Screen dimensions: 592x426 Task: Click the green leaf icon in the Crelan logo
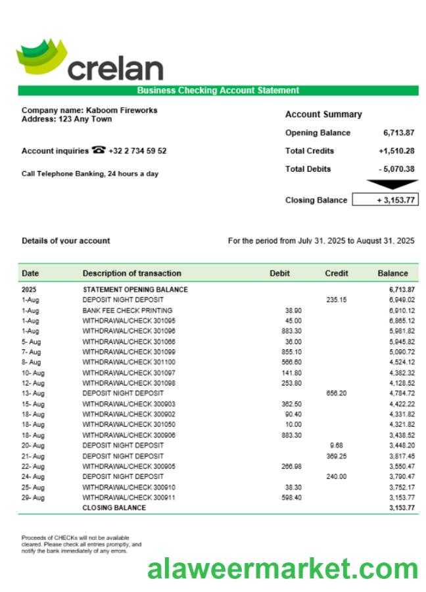pos(41,56)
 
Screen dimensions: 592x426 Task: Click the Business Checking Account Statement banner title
pos(218,91)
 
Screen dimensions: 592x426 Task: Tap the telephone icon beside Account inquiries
pos(99,151)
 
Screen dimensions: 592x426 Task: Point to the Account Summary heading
pos(323,114)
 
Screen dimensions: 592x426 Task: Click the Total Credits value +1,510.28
pos(396,151)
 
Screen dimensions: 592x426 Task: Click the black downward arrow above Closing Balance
pos(391,185)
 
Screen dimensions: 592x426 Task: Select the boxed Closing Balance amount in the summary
pos(385,200)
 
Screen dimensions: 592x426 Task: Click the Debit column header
pos(279,273)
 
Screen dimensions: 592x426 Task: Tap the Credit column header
pos(337,273)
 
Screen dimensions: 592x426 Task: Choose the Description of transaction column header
pos(131,273)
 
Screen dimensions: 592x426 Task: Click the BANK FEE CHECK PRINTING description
pos(127,310)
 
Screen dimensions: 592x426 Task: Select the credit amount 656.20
pos(337,393)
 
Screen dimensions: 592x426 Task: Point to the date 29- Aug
pos(33,498)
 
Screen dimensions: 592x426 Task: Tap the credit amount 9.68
pos(337,445)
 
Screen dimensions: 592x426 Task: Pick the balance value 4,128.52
pos(401,383)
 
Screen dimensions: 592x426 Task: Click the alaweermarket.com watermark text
pos(282,569)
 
